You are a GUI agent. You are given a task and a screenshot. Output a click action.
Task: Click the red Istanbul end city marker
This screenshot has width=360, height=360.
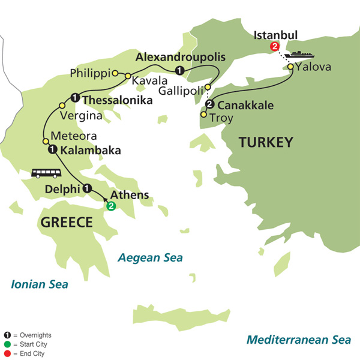coord(275,46)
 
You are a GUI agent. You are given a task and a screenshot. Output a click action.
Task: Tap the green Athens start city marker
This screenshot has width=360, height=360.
coord(110,206)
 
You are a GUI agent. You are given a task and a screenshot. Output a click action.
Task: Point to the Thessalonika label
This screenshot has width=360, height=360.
coord(116,100)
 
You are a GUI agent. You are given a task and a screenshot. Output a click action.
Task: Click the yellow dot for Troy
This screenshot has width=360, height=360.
coord(204,115)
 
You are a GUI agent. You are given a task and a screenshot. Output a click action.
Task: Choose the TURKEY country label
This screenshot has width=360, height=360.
coord(266,142)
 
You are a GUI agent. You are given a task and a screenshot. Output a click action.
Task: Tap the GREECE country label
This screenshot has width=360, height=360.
coord(66,223)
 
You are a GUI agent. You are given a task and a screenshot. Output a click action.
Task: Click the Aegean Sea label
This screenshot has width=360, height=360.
coord(150,257)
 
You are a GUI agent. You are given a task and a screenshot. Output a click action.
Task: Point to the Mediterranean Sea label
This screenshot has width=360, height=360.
coord(298,340)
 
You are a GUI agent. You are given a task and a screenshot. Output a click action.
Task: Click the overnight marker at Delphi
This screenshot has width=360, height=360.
coord(87,188)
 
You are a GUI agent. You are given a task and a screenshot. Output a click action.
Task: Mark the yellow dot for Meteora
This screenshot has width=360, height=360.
coord(46,141)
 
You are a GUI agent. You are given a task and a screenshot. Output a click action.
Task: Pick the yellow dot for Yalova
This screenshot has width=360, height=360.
coord(290,67)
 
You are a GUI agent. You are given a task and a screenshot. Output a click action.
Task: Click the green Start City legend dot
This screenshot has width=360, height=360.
coord(5,344)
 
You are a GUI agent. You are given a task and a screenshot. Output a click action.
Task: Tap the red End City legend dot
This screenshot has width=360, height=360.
coord(5,353)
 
